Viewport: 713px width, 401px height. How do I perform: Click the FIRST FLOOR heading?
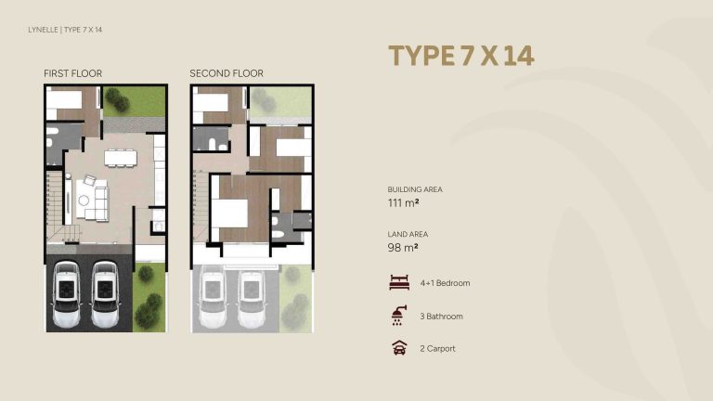click(72, 73)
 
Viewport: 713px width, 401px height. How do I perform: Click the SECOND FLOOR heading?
click(227, 73)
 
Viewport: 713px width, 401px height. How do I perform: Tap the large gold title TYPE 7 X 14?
click(460, 56)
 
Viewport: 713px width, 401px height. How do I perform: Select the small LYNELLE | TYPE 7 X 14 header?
click(65, 31)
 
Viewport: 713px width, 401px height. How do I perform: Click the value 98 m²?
click(402, 248)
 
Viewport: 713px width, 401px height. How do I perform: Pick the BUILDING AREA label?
click(415, 189)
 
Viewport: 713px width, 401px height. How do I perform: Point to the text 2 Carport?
click(437, 349)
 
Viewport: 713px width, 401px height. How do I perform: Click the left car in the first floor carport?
click(68, 294)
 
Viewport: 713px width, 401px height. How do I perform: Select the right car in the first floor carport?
click(104, 294)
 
